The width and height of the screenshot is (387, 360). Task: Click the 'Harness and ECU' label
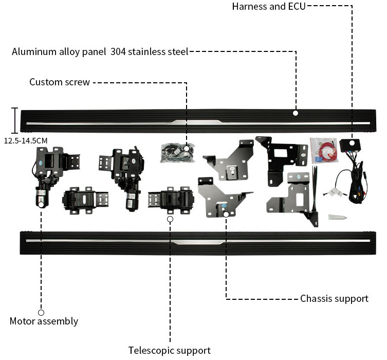click(x=269, y=7)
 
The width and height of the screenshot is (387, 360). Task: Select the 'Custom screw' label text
click(x=60, y=82)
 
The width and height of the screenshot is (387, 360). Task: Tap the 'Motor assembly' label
click(x=44, y=321)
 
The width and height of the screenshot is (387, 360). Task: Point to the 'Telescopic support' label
click(x=170, y=350)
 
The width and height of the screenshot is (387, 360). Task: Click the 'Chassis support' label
click(x=335, y=298)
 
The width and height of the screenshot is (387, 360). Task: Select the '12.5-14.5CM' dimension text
click(x=26, y=139)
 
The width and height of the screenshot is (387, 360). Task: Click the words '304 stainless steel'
click(x=150, y=51)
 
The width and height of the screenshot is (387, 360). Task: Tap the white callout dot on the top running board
click(x=296, y=113)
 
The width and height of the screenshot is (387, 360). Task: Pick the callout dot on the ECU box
click(x=352, y=142)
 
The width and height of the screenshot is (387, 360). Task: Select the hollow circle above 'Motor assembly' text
click(x=41, y=312)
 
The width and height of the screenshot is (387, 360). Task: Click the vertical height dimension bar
click(x=15, y=120)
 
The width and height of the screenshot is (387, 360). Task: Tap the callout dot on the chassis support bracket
click(x=227, y=213)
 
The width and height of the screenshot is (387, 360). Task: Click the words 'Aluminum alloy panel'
click(x=59, y=51)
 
